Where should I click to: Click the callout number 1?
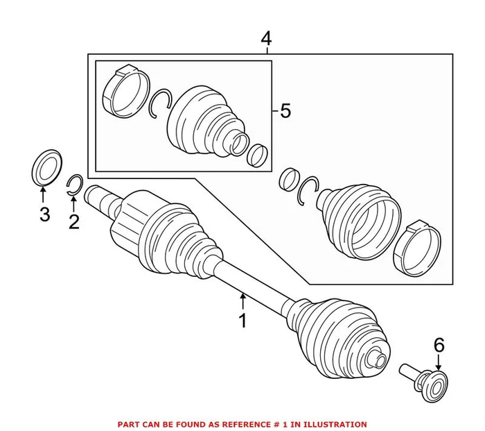coord(242,321)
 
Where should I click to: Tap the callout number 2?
coord(73,221)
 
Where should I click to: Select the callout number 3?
coord(44,214)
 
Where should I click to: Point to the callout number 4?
coord(265,39)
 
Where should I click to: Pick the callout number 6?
coord(438,344)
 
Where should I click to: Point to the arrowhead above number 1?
coord(242,297)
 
